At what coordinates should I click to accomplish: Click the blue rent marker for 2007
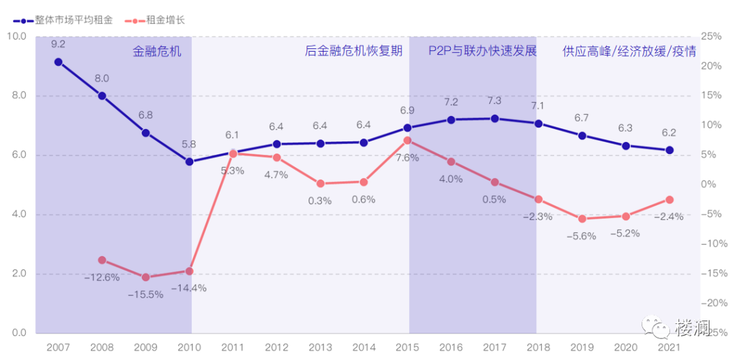click(58, 62)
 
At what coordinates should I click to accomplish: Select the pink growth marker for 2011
click(233, 154)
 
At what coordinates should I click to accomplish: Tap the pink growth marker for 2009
click(145, 277)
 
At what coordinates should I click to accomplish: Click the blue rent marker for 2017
click(495, 118)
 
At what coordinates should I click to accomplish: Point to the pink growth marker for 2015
click(408, 141)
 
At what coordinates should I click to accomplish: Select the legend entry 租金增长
click(156, 20)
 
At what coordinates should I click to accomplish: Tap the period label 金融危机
click(157, 51)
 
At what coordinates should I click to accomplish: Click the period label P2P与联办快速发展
click(482, 51)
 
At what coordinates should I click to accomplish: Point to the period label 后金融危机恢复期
click(353, 51)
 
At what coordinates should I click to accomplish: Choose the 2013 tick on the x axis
click(320, 346)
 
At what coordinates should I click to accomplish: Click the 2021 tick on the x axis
click(669, 346)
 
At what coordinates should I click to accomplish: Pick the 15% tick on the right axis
click(711, 95)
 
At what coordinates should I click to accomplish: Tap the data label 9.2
click(58, 44)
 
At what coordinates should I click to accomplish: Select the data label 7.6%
click(407, 158)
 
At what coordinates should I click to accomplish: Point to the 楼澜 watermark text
click(693, 329)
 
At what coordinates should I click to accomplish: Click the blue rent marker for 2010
click(189, 162)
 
